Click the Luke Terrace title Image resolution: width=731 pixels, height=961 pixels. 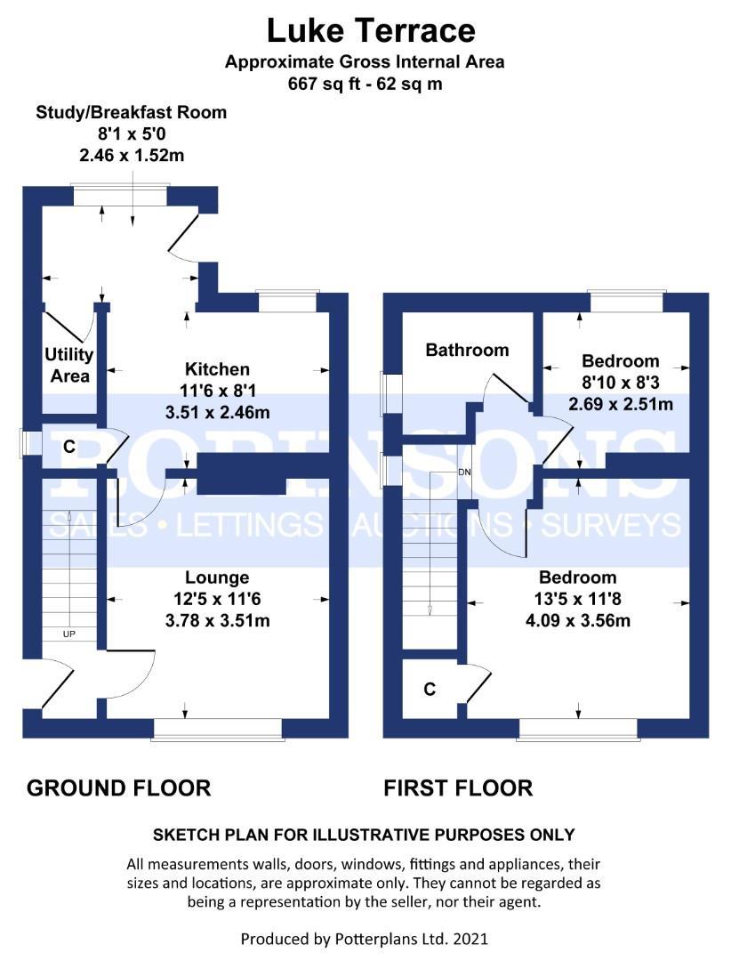(371, 30)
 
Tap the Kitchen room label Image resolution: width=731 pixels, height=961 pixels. (218, 369)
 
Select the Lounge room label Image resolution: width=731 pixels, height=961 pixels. (218, 577)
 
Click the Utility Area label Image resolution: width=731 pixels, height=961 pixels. (69, 365)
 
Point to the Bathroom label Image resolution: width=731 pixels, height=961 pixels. (467, 350)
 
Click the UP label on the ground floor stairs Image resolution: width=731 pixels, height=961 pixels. (69, 634)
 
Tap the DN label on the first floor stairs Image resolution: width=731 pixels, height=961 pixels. (464, 472)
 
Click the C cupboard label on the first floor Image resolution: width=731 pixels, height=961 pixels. (430, 690)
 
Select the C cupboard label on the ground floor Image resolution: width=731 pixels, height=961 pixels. (69, 446)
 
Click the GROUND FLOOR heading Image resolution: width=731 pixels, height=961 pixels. (119, 788)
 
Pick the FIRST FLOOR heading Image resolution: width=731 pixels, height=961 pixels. (458, 788)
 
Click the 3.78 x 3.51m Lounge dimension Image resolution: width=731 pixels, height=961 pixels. (218, 620)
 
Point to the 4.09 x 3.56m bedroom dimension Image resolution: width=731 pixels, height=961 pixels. (578, 620)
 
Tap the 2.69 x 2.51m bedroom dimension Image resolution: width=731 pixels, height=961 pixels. (621, 404)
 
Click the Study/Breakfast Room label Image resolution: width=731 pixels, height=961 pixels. (131, 112)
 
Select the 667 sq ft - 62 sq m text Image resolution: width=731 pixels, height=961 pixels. (365, 84)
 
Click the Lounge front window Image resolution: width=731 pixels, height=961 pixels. (218, 729)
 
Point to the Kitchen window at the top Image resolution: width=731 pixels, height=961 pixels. (288, 302)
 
